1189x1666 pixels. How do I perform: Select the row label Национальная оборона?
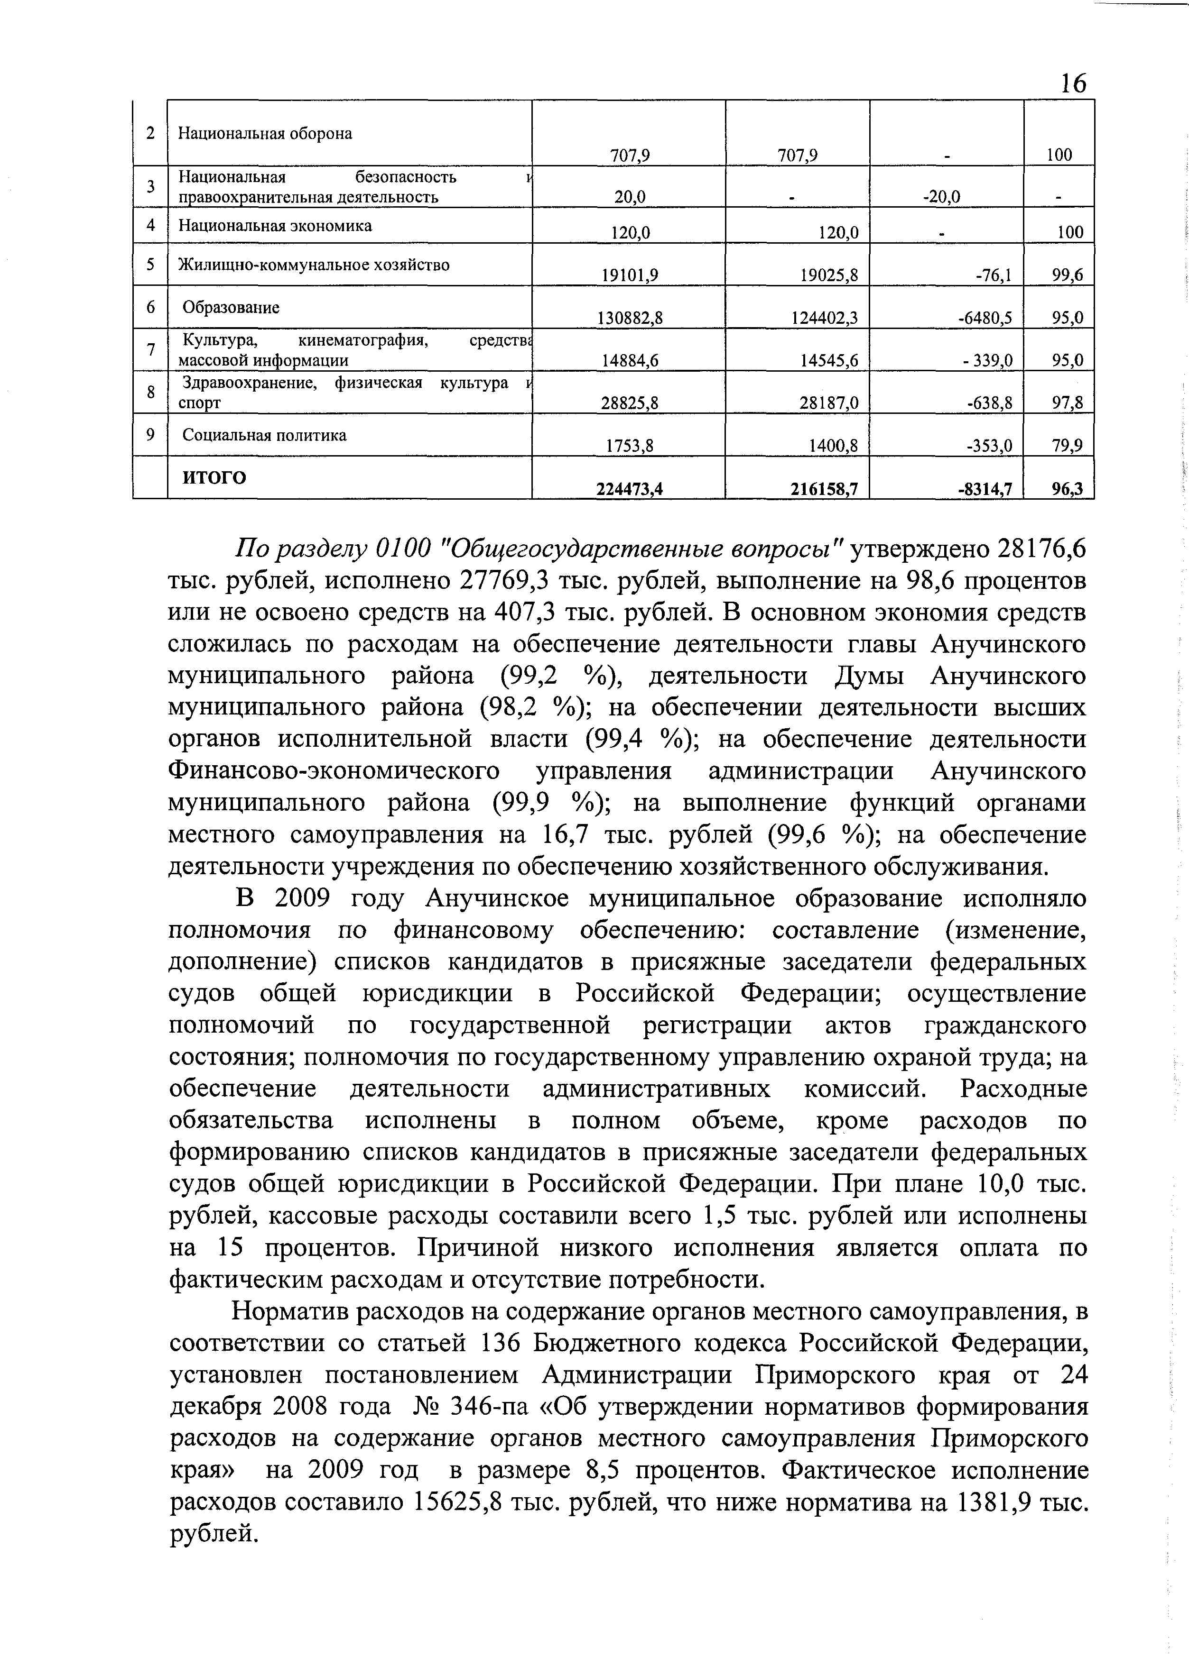265,133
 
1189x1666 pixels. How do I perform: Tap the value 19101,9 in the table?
630,275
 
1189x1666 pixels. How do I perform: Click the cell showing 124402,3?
825,318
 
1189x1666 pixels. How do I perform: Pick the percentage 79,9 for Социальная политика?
1068,445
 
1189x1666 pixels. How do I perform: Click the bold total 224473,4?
630,489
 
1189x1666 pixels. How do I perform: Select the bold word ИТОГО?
214,477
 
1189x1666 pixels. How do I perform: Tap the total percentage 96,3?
1068,489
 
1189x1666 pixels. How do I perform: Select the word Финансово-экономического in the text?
334,771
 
